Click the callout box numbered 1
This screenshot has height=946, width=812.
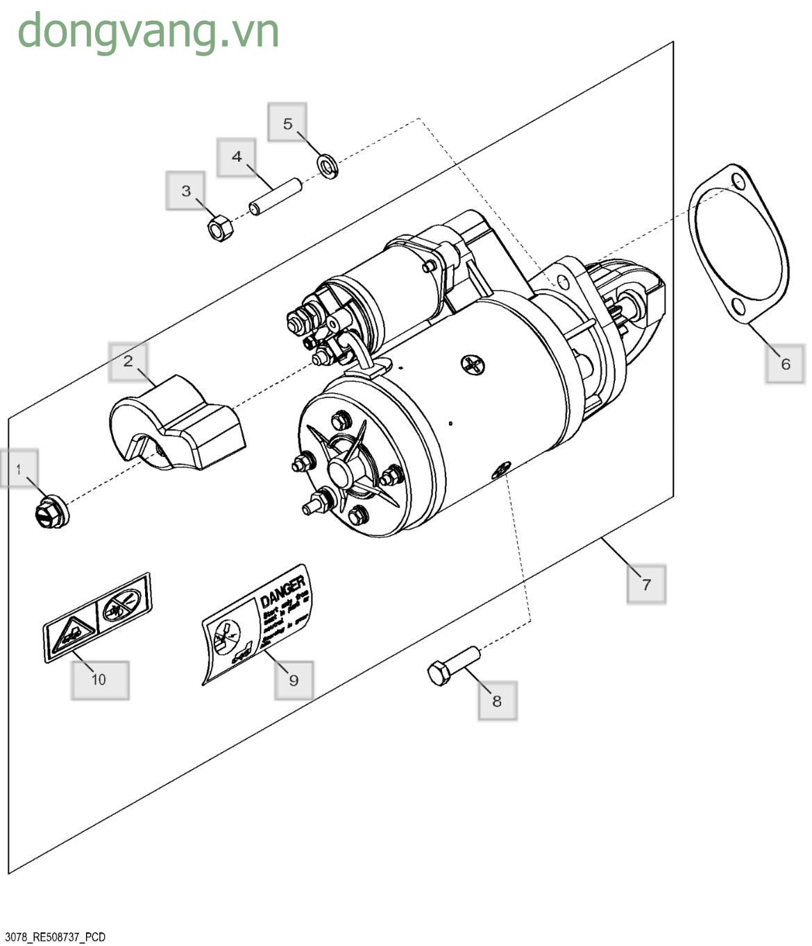pos(19,469)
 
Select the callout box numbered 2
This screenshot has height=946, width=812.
pos(128,361)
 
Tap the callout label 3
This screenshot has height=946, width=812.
pos(185,191)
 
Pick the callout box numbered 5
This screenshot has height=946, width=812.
pos(287,123)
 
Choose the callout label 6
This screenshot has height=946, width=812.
pos(785,363)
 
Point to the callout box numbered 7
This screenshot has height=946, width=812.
pos(646,584)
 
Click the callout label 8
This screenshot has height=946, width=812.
pos(497,700)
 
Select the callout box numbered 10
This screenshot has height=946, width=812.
pos(99,679)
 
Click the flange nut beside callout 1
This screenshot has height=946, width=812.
pos(51,513)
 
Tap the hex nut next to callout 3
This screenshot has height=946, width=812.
pos(220,227)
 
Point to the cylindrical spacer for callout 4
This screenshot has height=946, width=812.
pos(275,197)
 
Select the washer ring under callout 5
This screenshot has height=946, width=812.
pos(328,166)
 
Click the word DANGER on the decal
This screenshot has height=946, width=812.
pos(283,590)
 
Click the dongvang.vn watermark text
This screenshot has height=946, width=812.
pos(149,31)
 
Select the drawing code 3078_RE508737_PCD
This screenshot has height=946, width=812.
pos(55,937)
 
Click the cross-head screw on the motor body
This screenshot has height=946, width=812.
pos(474,364)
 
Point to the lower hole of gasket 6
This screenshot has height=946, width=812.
pos(738,307)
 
